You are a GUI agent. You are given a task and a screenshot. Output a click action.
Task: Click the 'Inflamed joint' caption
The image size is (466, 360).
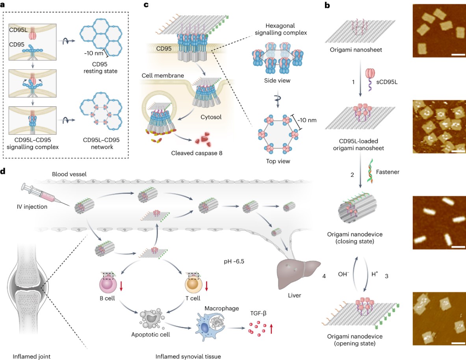click(32, 356)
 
